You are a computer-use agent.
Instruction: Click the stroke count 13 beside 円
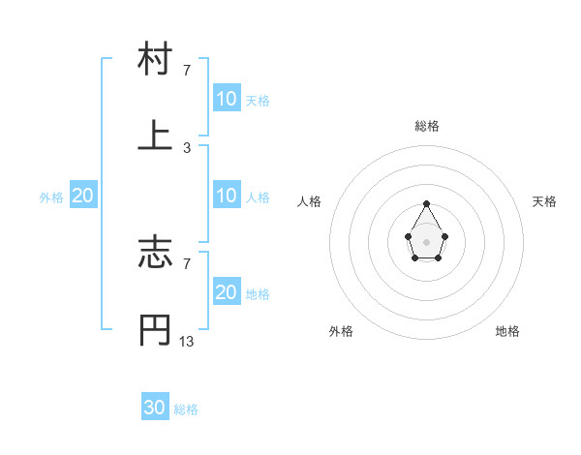pyautogui.click(x=186, y=342)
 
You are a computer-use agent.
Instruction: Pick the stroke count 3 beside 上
pyautogui.click(x=186, y=147)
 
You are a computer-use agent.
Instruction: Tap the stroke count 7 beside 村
pyautogui.click(x=186, y=71)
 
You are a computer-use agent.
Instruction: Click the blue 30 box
pyautogui.click(x=155, y=408)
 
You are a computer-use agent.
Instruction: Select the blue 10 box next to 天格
pyautogui.click(x=227, y=99)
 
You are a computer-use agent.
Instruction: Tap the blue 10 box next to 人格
pyautogui.click(x=227, y=196)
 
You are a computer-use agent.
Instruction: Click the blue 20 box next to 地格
pyautogui.click(x=227, y=292)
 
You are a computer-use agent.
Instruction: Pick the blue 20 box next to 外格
pyautogui.click(x=83, y=196)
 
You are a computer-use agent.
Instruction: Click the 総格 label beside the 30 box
pyautogui.click(x=186, y=409)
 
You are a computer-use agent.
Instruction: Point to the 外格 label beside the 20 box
pyautogui.click(x=51, y=197)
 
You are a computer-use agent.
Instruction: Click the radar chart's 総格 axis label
pyautogui.click(x=427, y=126)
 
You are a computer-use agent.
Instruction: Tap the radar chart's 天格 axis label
pyautogui.click(x=545, y=201)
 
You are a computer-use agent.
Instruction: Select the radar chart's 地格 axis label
pyautogui.click(x=507, y=331)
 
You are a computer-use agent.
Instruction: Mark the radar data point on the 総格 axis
pyautogui.click(x=427, y=203)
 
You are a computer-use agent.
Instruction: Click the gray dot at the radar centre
pyautogui.click(x=427, y=241)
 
